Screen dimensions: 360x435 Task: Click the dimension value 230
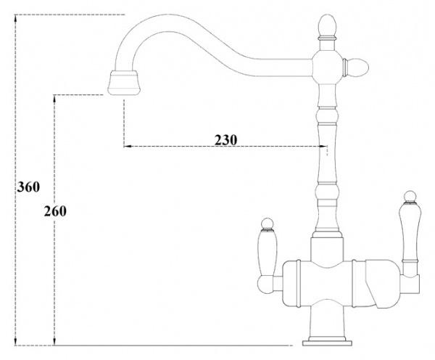coord(226,139)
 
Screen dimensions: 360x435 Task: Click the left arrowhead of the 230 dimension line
coord(126,147)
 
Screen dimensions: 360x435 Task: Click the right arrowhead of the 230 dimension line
coord(320,147)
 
